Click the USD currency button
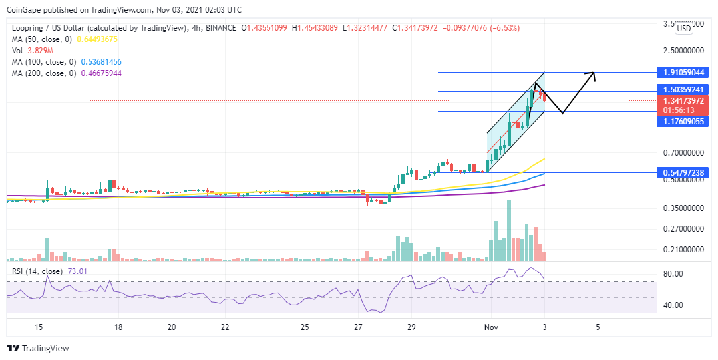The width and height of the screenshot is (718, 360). (x=684, y=29)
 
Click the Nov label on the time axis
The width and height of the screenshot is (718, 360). (x=490, y=327)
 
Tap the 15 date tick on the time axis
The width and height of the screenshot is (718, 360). (x=39, y=327)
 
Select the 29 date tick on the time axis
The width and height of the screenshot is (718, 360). (x=412, y=327)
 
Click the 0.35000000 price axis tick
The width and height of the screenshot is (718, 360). (x=685, y=208)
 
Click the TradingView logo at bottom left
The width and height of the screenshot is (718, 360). (x=38, y=348)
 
